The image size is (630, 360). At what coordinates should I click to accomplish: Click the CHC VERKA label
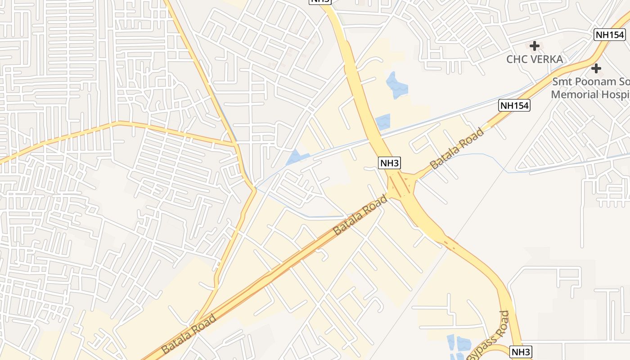535,59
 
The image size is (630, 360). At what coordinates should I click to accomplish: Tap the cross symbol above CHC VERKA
535,45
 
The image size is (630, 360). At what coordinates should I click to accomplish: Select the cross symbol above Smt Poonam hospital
596,68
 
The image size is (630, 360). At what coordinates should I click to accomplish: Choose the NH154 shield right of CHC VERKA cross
609,35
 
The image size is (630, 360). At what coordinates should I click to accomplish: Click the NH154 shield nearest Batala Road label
514,105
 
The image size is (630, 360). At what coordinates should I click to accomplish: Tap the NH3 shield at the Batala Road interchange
390,163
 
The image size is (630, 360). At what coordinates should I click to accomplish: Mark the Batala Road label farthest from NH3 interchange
189,333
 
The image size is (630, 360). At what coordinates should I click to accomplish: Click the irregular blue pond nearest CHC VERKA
396,85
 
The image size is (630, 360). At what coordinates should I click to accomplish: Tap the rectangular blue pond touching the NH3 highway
383,121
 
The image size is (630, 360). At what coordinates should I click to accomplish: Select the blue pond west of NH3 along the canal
297,157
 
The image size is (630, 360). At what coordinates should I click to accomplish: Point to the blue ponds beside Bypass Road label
457,346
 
